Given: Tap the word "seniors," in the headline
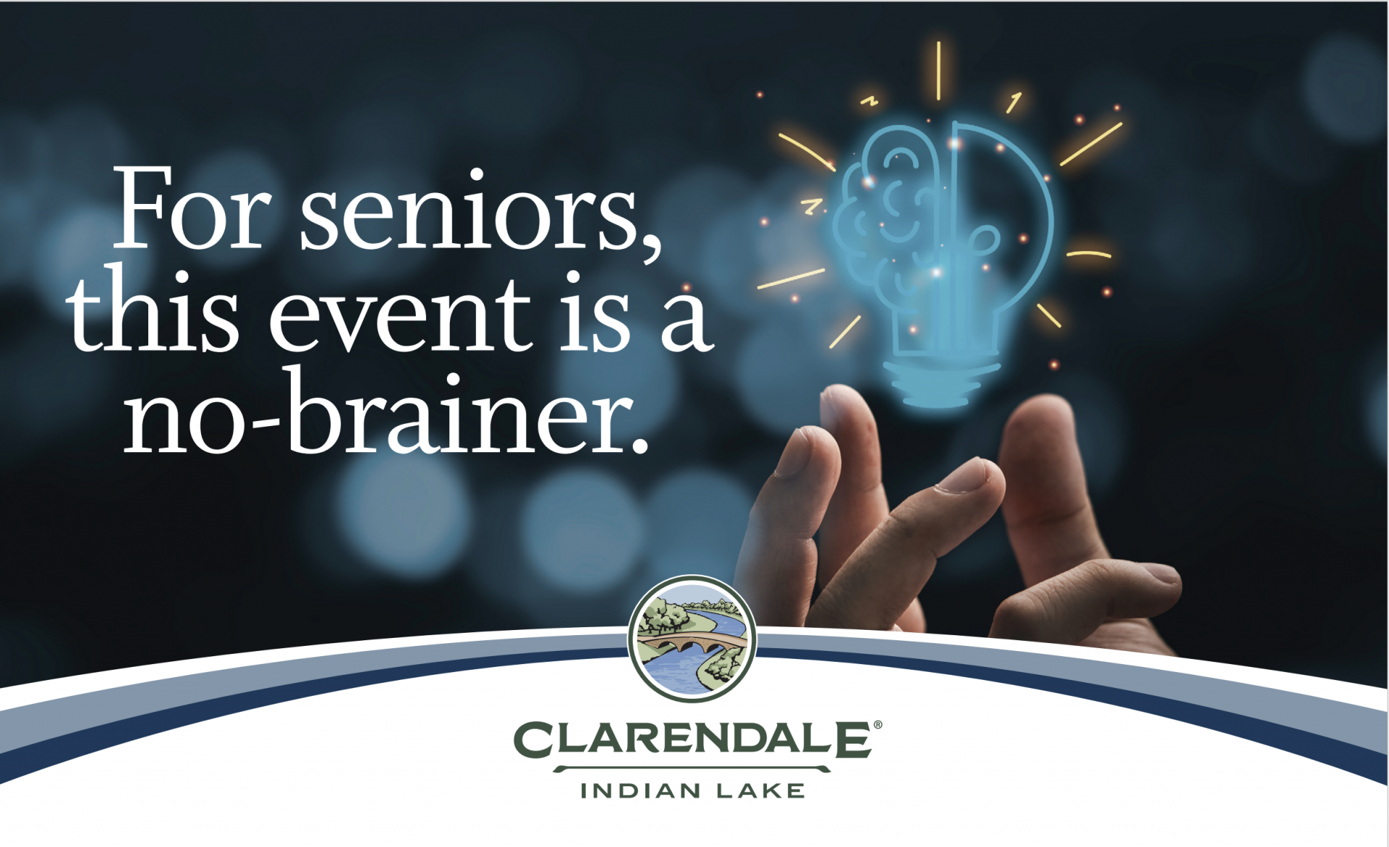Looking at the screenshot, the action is point(481,213).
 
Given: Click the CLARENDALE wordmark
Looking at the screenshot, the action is point(693,739).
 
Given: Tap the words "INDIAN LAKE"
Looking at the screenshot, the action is point(693,791).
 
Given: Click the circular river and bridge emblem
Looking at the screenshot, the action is point(692,639).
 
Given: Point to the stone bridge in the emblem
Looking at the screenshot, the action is point(692,641).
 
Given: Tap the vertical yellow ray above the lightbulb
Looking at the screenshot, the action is point(939,71).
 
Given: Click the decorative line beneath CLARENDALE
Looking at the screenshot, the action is point(693,769).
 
